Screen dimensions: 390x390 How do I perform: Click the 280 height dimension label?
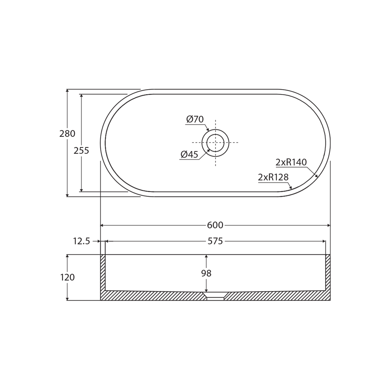pyautogui.click(x=67, y=134)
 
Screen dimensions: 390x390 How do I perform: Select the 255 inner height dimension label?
pyautogui.click(x=81, y=151)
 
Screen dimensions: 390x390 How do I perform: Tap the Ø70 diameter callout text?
pyautogui.click(x=195, y=119)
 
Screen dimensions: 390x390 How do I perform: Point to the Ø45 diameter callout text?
pyautogui.click(x=190, y=155)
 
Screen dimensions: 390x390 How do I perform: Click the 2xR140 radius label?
pyautogui.click(x=291, y=162)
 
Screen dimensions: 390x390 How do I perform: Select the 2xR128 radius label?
pyautogui.click(x=273, y=177)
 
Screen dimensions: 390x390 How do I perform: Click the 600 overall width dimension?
pyautogui.click(x=215, y=225)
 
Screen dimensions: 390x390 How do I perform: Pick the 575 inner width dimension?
pyautogui.click(x=215, y=241)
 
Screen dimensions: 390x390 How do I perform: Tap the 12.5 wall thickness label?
pyautogui.click(x=82, y=241)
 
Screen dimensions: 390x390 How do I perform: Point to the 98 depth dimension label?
pyautogui.click(x=206, y=273)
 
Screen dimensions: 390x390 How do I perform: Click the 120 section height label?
pyautogui.click(x=67, y=277)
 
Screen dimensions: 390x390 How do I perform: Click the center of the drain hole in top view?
pyautogui.click(x=215, y=143)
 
